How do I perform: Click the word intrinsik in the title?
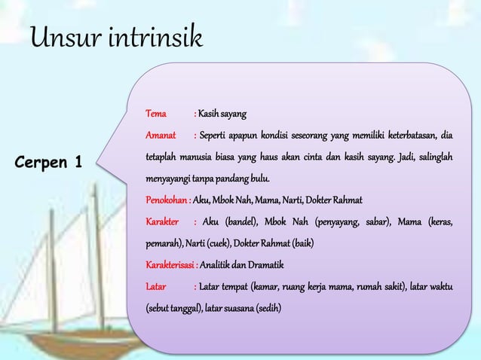154,38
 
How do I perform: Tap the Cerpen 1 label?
47,162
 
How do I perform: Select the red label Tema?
156,114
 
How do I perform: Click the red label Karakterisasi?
170,265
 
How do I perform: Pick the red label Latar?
156,286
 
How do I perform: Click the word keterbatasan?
411,136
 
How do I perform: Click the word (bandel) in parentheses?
242,222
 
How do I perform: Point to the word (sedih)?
268,308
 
